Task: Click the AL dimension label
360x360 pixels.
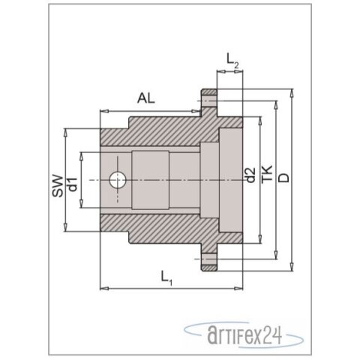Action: click(x=148, y=97)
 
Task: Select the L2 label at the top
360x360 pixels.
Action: click(x=233, y=61)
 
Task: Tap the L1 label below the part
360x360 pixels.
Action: click(x=167, y=280)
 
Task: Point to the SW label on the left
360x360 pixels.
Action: click(x=56, y=182)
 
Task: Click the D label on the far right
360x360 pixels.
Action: click(x=284, y=180)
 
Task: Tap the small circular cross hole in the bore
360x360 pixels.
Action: click(x=117, y=180)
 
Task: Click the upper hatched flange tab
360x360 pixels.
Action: click(x=208, y=99)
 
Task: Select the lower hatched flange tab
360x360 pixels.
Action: click(x=208, y=261)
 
